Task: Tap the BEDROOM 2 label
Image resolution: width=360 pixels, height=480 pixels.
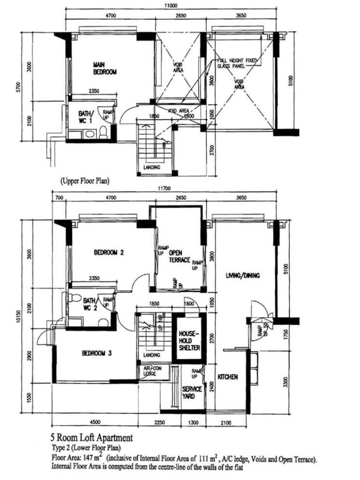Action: tap(109, 252)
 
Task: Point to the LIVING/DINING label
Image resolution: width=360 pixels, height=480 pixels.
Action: tap(243, 275)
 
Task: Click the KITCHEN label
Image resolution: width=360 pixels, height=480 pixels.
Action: tap(227, 376)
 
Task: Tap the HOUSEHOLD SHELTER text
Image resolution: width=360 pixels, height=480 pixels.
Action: tap(189, 340)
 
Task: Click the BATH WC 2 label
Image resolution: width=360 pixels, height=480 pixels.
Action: tap(90, 303)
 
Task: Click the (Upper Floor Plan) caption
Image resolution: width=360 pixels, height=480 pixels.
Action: tap(84, 181)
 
